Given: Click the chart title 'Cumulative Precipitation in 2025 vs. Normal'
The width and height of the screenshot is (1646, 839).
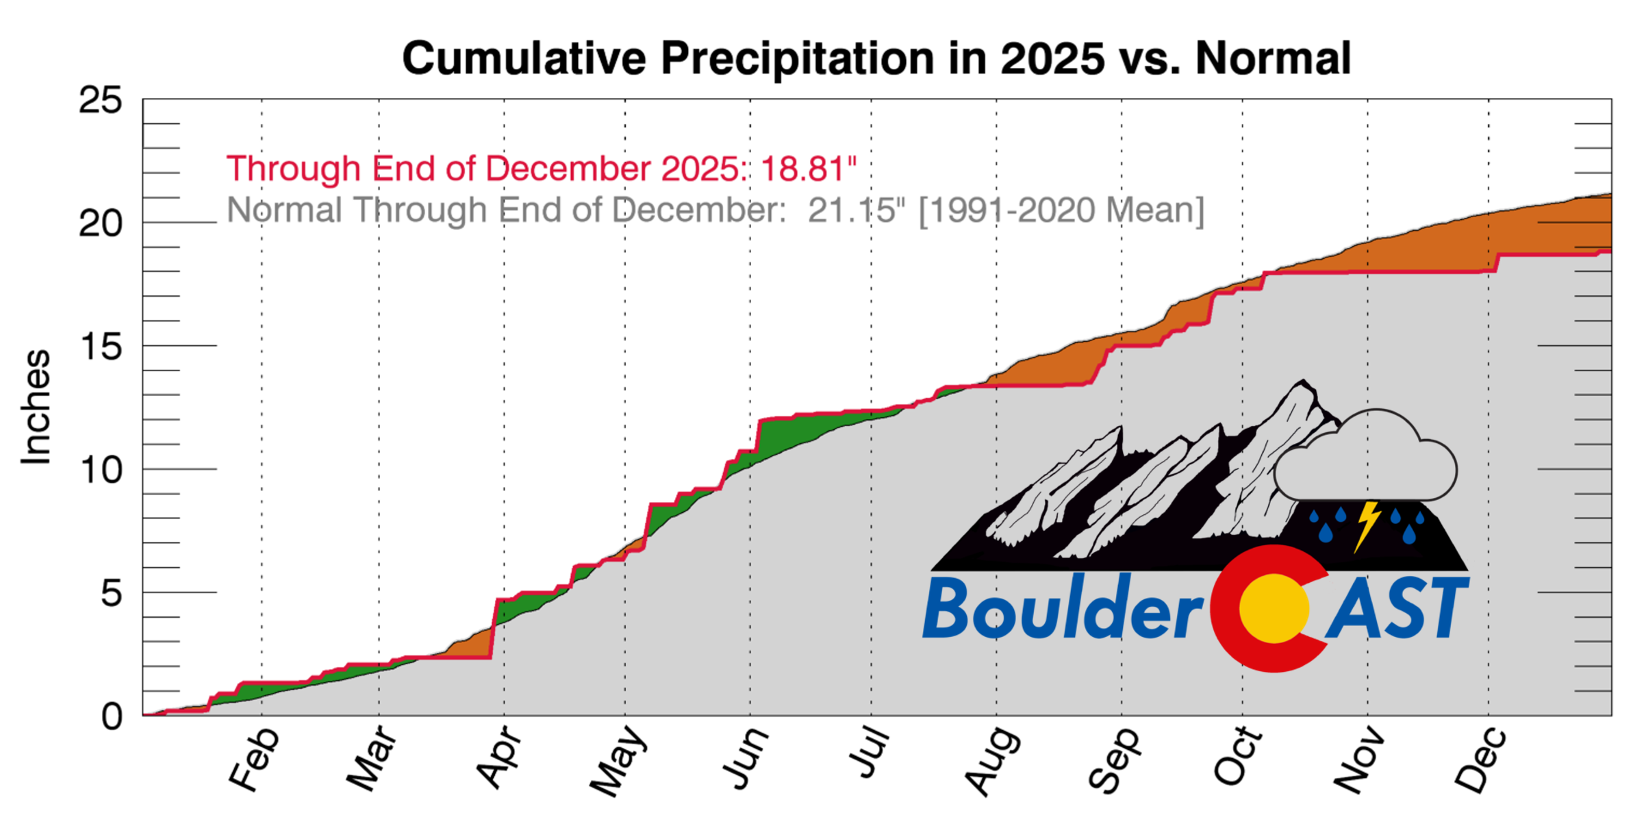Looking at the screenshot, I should [876, 58].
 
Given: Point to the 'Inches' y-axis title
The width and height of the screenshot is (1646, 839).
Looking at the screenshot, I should [36, 408].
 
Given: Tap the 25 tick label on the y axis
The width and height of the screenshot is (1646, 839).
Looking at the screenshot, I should [101, 101].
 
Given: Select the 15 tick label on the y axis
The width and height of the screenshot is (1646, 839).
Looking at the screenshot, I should [101, 347].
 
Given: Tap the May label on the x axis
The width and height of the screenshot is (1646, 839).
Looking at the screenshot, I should [619, 762].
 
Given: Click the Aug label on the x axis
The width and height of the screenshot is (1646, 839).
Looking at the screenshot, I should [993, 762].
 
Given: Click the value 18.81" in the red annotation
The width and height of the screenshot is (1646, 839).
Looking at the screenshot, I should [809, 168].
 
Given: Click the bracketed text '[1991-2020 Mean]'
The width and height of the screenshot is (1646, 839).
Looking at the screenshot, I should [1061, 210].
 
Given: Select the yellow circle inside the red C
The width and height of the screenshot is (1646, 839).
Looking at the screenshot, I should [1274, 608].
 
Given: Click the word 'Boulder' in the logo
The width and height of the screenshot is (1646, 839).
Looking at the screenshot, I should [1061, 608].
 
